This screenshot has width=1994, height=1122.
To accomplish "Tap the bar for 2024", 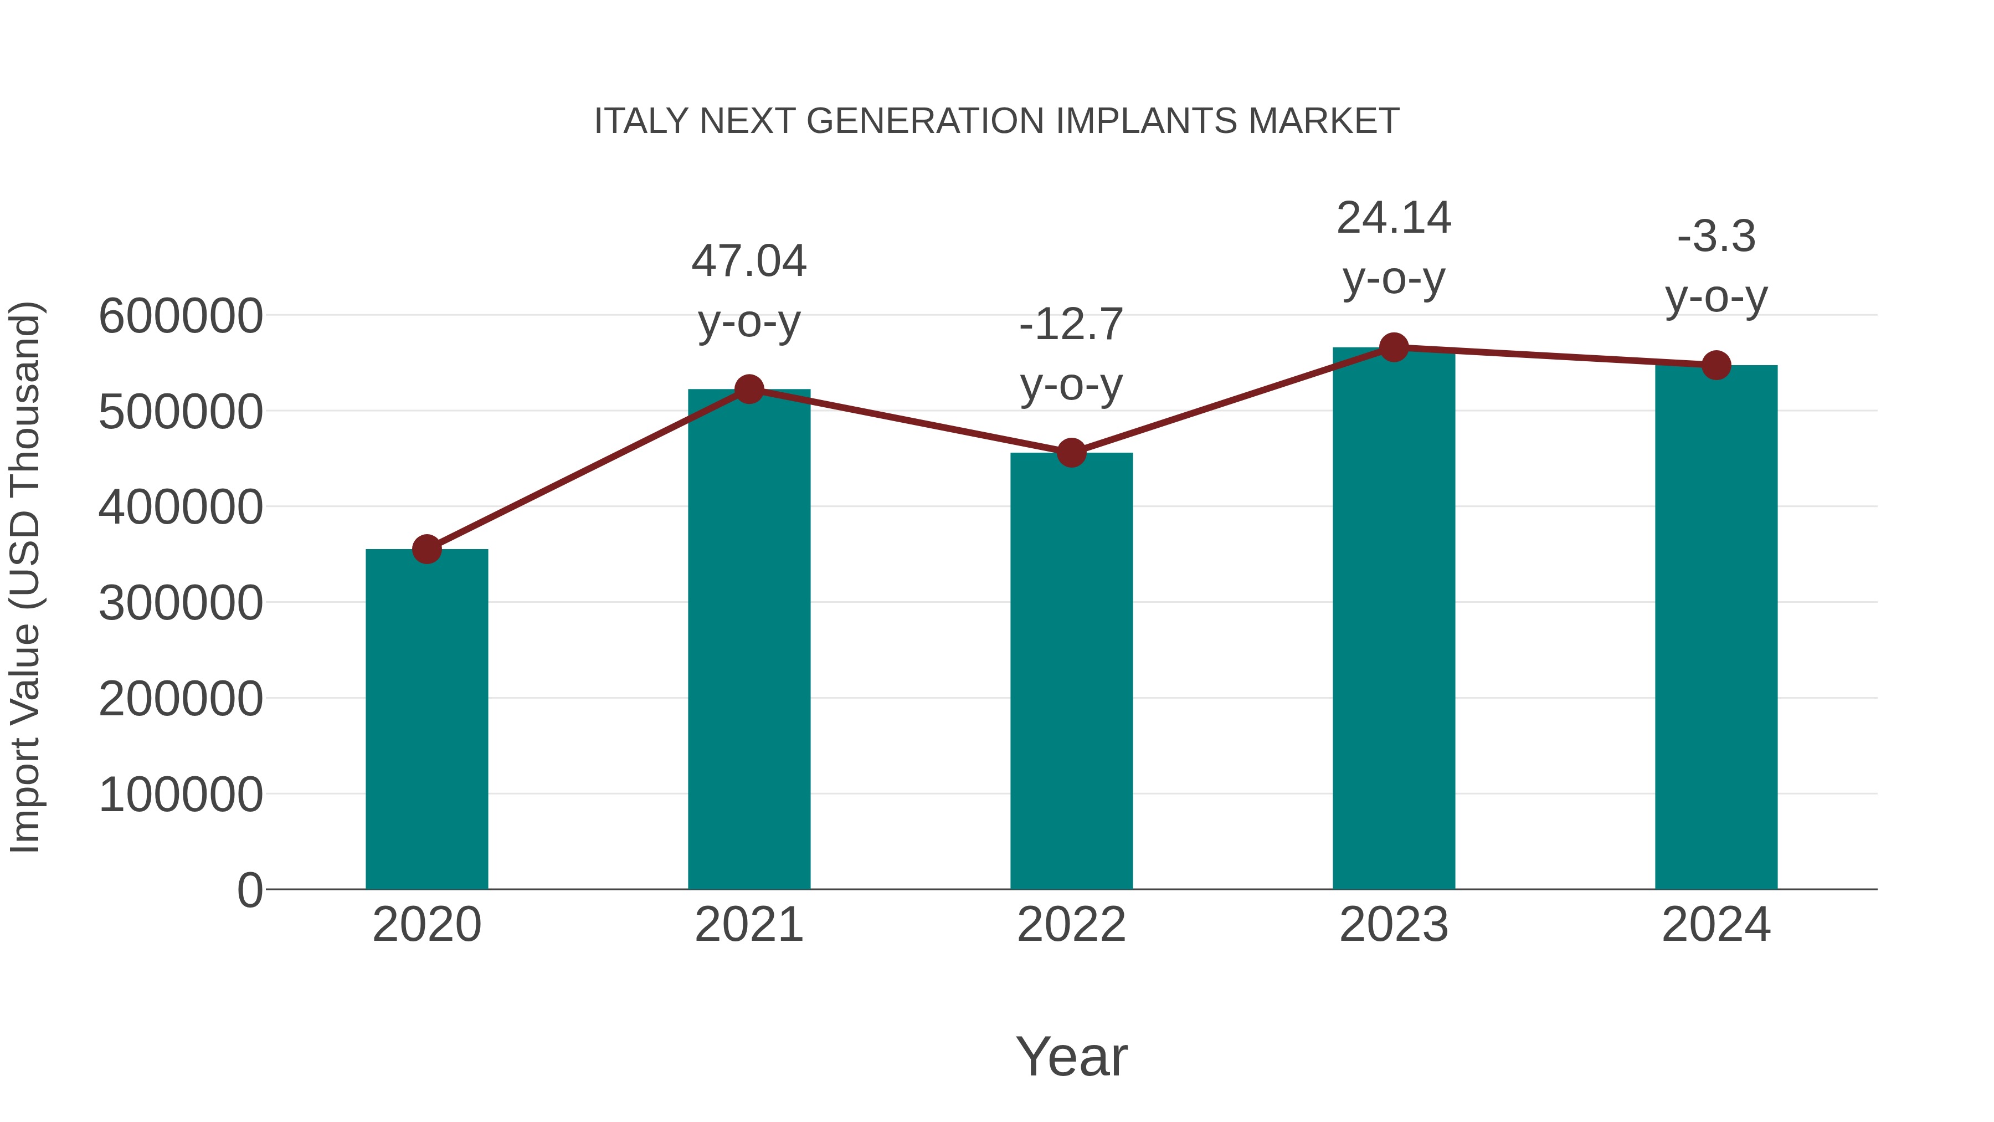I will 1716,627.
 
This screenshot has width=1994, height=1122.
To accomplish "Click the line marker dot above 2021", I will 748,390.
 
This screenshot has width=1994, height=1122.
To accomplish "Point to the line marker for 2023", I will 1394,347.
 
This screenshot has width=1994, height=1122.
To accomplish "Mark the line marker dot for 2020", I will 426,550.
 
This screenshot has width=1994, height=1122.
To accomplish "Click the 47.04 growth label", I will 748,261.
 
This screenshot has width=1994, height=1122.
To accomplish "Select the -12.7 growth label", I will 1071,325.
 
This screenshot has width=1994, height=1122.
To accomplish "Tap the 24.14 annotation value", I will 1394,218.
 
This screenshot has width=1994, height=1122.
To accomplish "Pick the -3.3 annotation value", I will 1716,237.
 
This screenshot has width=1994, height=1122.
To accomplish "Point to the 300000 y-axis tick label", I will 181,603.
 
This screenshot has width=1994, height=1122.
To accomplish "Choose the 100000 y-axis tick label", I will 181,795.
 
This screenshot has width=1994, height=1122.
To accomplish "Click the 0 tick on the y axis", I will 249,890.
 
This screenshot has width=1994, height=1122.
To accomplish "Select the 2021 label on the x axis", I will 748,925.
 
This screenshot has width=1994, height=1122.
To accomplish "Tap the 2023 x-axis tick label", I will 1394,925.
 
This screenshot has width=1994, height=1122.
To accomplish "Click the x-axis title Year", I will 1071,1056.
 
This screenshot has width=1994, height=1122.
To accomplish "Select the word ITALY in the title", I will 641,121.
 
